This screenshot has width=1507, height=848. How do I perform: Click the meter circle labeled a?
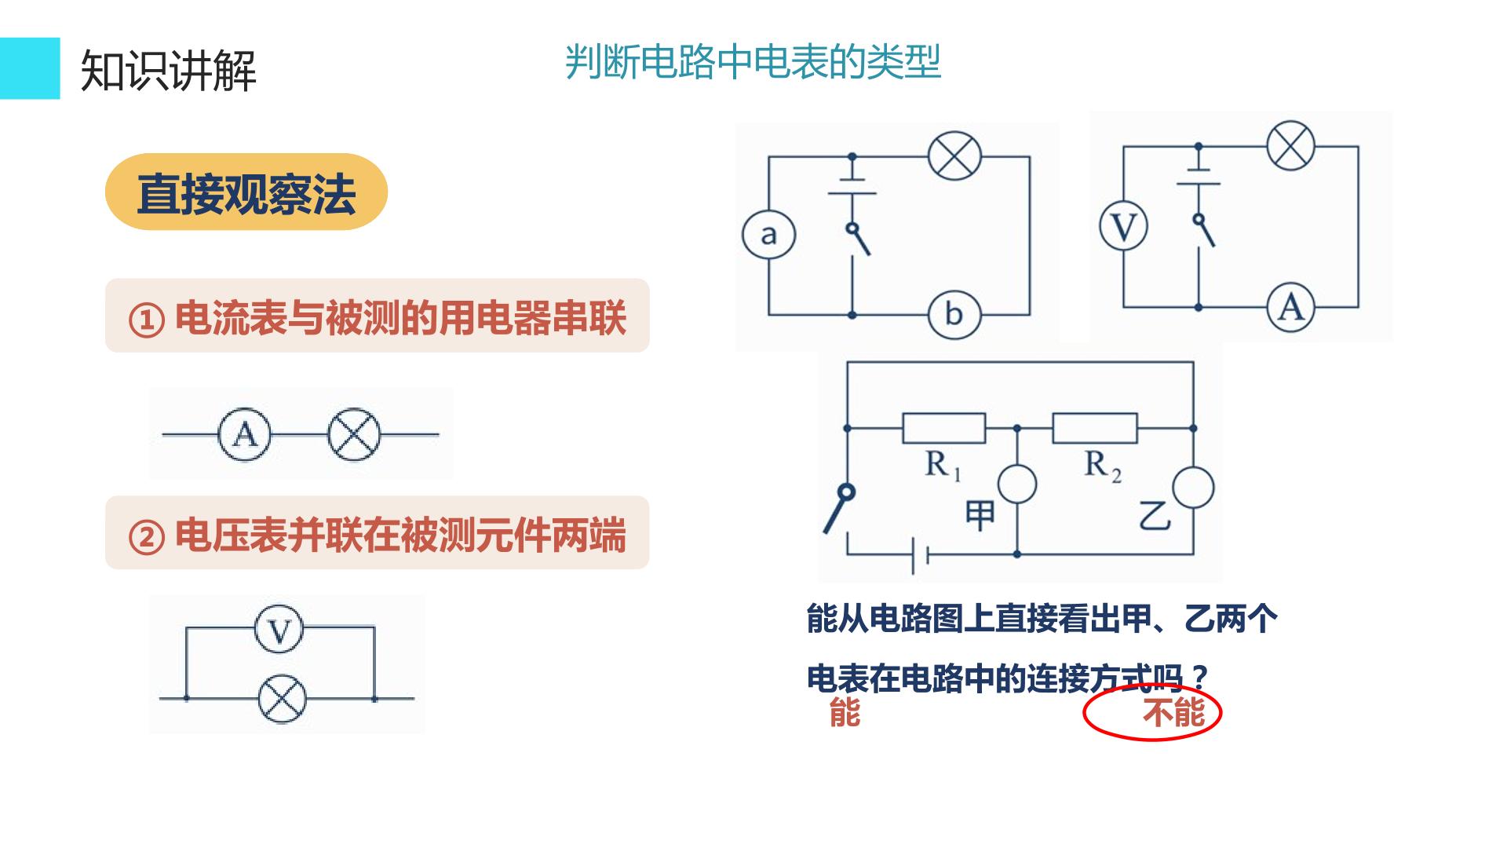[x=768, y=234]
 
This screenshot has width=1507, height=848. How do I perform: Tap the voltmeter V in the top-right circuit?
[x=1123, y=226]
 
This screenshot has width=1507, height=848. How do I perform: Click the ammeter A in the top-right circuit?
[x=1291, y=306]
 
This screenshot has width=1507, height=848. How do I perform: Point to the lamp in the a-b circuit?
[x=954, y=155]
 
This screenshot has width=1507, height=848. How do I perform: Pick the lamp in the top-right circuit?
[x=1291, y=146]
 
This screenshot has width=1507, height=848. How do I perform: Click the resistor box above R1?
[x=943, y=429]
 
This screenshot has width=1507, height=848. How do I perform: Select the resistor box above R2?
[x=1094, y=429]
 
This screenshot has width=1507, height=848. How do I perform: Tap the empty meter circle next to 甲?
[x=1017, y=484]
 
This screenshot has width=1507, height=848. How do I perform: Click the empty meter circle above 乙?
[x=1193, y=487]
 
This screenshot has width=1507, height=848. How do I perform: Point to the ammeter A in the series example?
[x=244, y=434]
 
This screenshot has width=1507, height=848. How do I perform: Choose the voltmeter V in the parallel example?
[x=279, y=630]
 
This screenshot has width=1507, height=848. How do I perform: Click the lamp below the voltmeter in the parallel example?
[x=283, y=698]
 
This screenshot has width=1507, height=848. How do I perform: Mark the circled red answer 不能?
[x=1173, y=713]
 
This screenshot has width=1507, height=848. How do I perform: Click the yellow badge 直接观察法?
[x=246, y=192]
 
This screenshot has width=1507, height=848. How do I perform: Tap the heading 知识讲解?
[x=169, y=70]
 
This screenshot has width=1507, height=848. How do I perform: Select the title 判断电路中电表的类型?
[x=753, y=61]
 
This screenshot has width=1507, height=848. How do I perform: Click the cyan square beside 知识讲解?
[x=30, y=68]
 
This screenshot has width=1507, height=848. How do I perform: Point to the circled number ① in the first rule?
[x=146, y=320]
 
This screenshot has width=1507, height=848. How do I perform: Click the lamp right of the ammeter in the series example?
[x=354, y=434]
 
